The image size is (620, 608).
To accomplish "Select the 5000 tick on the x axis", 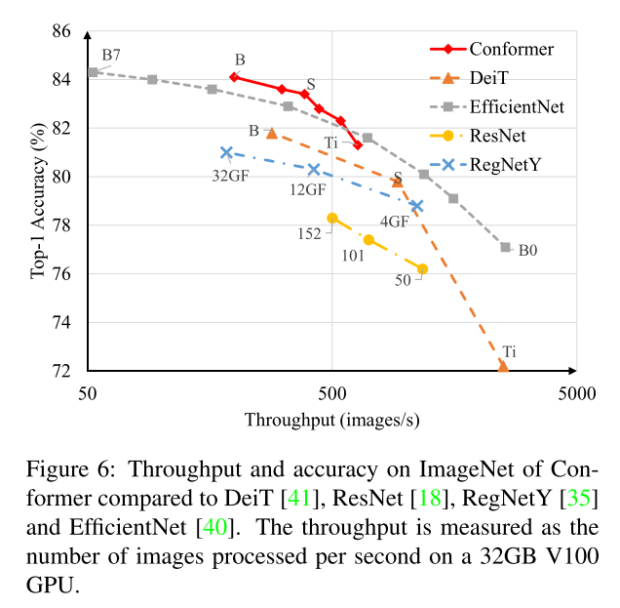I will click(x=575, y=392).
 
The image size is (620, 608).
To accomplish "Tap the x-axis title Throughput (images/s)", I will click(x=331, y=420).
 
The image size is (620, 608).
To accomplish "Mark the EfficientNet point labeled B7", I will click(x=93, y=71).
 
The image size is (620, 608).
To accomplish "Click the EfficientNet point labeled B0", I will click(x=505, y=247).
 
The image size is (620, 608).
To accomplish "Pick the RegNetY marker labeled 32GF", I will click(x=226, y=152).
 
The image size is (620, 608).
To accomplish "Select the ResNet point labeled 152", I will click(x=332, y=218).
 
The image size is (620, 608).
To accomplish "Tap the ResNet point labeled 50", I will click(x=422, y=268).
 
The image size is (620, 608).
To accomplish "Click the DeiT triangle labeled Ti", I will click(x=503, y=366).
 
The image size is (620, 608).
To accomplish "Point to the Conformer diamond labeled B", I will click(x=234, y=76).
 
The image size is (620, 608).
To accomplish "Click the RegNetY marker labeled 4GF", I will click(x=417, y=206).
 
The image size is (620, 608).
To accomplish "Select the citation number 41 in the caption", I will click(x=297, y=500).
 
